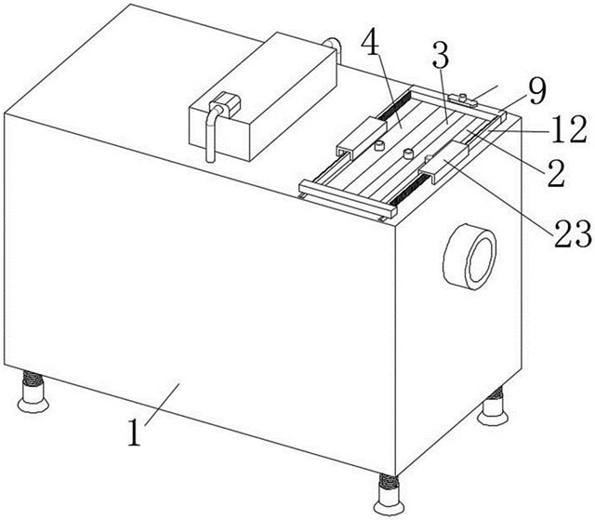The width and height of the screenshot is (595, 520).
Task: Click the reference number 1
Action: (x=135, y=432)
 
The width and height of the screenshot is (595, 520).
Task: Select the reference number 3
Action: (x=440, y=56)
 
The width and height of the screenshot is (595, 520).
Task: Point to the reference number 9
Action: (x=537, y=92)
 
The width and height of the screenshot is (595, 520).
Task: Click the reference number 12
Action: (x=569, y=130)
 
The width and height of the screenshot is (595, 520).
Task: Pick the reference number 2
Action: (x=556, y=173)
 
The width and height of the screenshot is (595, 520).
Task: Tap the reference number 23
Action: (x=574, y=233)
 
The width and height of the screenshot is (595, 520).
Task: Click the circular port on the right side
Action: (x=469, y=257)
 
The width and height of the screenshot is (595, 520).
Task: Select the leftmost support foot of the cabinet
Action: (x=33, y=393)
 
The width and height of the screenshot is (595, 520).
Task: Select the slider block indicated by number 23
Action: (x=443, y=163)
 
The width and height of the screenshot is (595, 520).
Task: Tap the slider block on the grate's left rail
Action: (x=362, y=137)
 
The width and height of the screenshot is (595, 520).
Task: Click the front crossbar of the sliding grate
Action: (x=348, y=200)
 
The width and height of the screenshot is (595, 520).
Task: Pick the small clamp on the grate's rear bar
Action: (x=462, y=100)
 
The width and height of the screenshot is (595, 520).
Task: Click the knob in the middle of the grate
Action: (x=408, y=153)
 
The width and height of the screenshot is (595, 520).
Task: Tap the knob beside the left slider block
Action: (x=379, y=145)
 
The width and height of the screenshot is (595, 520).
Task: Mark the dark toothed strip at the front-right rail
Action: (x=413, y=189)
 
